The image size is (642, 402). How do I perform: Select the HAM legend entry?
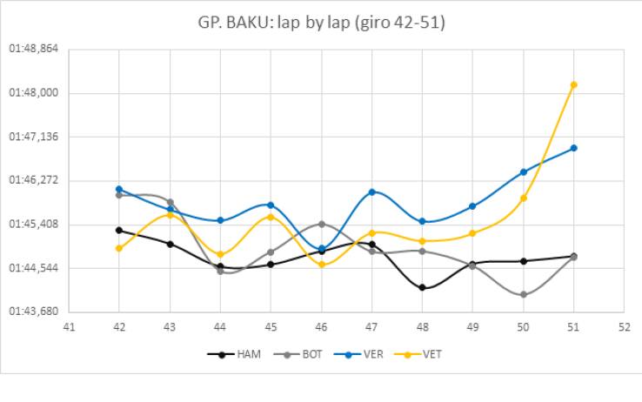click(237, 354)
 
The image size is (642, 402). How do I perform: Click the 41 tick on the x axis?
click(68, 327)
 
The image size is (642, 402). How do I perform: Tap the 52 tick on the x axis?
click(624, 327)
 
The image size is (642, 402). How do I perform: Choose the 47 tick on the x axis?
click(371, 327)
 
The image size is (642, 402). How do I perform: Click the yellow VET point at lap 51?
click(573, 84)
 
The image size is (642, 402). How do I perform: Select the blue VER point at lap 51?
click(573, 148)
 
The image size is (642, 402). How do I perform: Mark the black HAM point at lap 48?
click(422, 287)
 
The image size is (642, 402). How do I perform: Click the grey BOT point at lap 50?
click(523, 295)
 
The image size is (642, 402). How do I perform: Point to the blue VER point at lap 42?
click(118, 189)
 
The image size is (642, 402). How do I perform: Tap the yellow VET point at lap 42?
click(118, 248)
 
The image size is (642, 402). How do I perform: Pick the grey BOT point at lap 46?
click(321, 224)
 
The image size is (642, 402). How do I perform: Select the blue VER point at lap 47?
click(371, 191)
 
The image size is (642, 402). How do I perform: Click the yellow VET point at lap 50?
click(523, 198)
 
